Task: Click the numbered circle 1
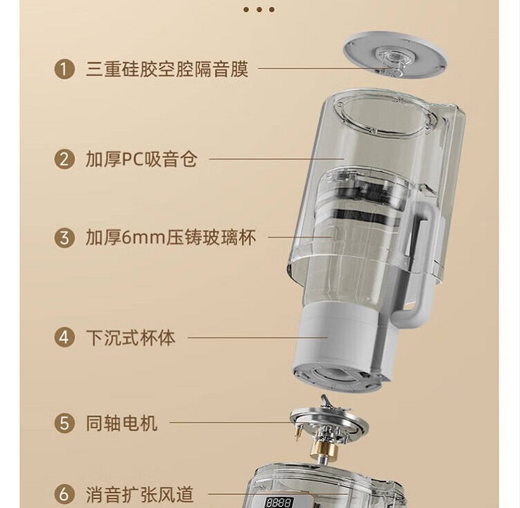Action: (64, 69)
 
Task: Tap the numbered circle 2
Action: (64, 159)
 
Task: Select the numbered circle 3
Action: (64, 237)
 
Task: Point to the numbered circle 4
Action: (64, 338)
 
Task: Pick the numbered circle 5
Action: (64, 423)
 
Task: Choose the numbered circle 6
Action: (64, 494)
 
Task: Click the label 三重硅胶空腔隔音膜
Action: (167, 69)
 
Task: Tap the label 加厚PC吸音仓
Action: (141, 159)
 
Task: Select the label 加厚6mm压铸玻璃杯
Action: (171, 238)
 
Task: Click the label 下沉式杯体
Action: (130, 338)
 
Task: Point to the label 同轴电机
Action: (122, 423)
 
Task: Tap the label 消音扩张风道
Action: (139, 495)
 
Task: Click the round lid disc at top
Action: (395, 55)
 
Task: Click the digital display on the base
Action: (279, 502)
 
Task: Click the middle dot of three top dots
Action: (259, 10)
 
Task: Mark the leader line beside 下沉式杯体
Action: (258, 338)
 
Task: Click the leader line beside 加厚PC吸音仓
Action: (277, 159)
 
